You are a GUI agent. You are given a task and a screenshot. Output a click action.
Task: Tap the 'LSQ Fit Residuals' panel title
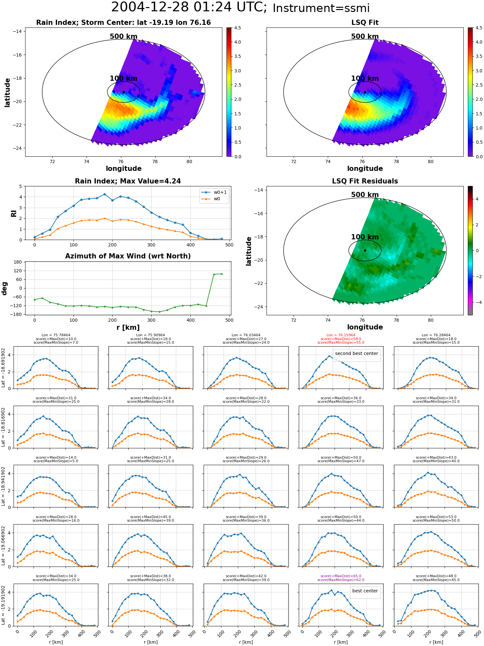click(x=365, y=181)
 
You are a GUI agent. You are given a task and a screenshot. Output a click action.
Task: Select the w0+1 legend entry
click(x=220, y=192)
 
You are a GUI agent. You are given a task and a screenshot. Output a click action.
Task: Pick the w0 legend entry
click(x=217, y=199)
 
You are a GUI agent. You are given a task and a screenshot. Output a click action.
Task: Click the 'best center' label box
click(x=365, y=591)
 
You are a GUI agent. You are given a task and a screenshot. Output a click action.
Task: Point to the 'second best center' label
click(x=356, y=354)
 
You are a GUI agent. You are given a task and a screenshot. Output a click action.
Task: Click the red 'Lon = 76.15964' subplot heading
click(x=341, y=335)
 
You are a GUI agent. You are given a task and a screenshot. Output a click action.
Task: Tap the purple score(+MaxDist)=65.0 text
click(x=341, y=576)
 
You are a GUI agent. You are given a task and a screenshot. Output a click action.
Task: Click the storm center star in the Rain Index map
click(x=124, y=92)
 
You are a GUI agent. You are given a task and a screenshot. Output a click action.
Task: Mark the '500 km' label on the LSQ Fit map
click(x=365, y=36)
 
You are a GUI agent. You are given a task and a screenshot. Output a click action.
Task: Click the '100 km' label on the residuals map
click(x=365, y=237)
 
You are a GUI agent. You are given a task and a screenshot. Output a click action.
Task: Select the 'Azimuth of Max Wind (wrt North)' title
click(x=128, y=256)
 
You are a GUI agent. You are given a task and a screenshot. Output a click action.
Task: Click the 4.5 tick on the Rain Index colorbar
click(x=237, y=28)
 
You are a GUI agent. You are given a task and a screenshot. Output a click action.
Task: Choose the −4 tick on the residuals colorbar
click(x=477, y=302)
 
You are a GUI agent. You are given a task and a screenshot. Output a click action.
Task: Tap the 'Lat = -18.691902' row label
click(x=3, y=368)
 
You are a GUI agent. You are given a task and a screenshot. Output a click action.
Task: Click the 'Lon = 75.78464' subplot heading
click(x=56, y=335)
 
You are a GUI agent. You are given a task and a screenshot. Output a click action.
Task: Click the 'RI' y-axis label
click(x=14, y=214)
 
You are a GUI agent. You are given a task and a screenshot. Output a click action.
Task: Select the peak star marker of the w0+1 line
click(x=105, y=194)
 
